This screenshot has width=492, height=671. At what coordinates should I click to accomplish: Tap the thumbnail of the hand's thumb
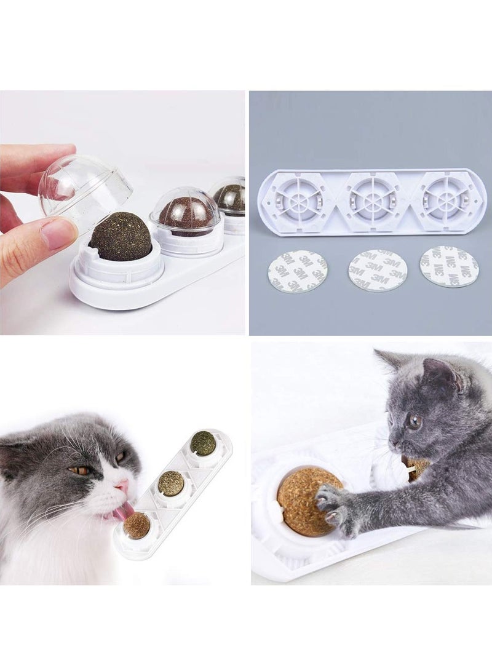[x=59, y=234]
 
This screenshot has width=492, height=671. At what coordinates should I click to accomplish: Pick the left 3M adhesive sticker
[x=298, y=271]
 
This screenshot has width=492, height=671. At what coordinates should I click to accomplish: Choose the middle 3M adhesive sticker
[x=378, y=270]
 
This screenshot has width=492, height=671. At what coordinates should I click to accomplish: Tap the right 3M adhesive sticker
[x=450, y=266]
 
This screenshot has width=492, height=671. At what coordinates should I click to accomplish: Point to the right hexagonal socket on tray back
[x=448, y=201]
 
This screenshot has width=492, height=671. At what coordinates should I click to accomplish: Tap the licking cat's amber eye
[x=81, y=470]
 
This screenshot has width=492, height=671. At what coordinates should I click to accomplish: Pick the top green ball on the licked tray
[x=202, y=443]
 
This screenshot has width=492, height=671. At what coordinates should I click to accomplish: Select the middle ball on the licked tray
[x=171, y=483]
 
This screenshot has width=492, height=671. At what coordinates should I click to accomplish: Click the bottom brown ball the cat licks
[x=137, y=525]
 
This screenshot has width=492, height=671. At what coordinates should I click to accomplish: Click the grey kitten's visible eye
[x=414, y=422]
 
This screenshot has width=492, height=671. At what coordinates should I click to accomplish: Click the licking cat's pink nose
[x=125, y=486]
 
